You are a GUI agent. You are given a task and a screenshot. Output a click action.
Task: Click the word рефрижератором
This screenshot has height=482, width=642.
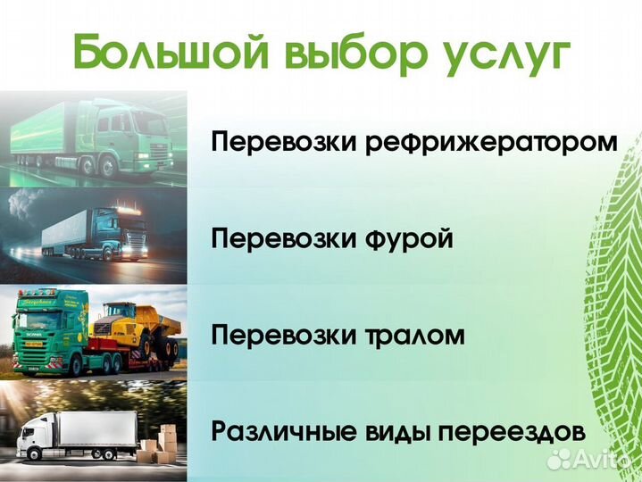(492, 144)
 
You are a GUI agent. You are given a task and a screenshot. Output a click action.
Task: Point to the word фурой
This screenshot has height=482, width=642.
(411, 239)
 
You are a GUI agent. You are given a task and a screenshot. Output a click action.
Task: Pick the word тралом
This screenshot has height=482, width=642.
(415, 336)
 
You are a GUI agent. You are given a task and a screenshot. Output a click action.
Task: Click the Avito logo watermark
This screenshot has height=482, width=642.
(590, 458)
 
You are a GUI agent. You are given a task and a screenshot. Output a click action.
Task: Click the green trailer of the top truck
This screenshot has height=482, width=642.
(49, 134)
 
